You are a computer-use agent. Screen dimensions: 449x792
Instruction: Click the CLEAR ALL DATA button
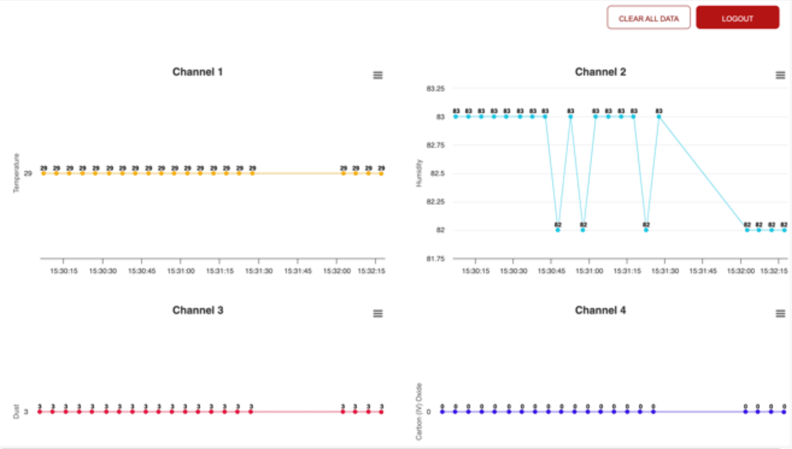tap(648, 18)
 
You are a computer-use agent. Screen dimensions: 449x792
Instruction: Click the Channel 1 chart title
tap(197, 72)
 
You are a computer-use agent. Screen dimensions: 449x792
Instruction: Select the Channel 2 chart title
tap(600, 72)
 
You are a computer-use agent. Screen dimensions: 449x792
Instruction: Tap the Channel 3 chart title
tap(197, 310)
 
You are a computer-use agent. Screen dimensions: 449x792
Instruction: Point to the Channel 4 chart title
tap(600, 310)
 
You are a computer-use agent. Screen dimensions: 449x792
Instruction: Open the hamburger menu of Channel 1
tap(378, 75)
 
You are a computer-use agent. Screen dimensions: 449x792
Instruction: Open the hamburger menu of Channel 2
tap(780, 75)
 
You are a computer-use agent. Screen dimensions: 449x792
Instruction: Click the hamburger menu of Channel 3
tap(378, 313)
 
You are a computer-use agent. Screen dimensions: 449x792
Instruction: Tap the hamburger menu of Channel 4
tap(780, 313)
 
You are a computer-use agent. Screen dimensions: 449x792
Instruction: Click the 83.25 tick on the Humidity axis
tap(435, 89)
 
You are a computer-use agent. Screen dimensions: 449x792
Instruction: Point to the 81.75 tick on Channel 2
tap(435, 259)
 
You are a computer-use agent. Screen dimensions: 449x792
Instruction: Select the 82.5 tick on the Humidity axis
tap(437, 173)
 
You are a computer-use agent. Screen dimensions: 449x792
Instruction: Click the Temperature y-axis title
tap(16, 173)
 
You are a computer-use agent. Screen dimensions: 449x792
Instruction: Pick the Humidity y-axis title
tap(419, 173)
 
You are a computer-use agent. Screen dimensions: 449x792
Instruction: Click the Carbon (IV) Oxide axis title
tap(419, 412)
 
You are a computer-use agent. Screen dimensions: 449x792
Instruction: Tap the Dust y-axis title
tap(16, 412)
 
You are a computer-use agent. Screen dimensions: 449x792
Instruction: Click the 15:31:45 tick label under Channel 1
tap(298, 271)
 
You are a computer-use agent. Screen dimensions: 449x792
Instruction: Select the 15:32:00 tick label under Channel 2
tap(740, 271)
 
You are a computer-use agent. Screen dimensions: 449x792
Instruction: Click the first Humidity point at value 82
tap(558, 230)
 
